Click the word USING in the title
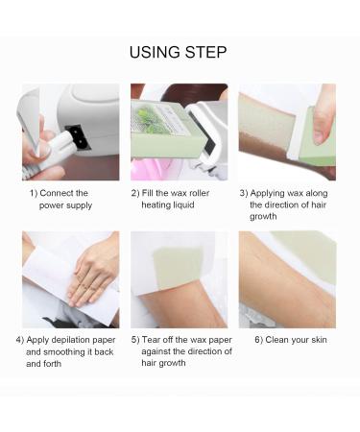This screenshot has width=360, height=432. click(157, 52)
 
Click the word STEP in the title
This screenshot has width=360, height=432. click(208, 52)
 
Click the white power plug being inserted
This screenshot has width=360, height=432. click(51, 147)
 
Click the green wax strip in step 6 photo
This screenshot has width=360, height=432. click(307, 252)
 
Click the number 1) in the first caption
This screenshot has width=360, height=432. click(34, 193)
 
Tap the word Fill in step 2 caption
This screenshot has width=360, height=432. click(151, 193)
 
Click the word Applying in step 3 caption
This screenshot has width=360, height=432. click(270, 193)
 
